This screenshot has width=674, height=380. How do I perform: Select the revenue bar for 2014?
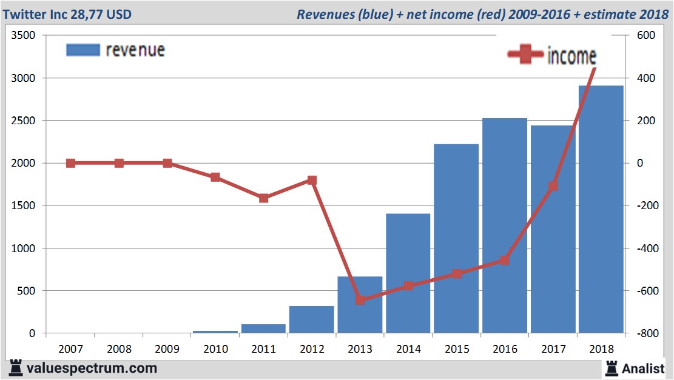point(408,273)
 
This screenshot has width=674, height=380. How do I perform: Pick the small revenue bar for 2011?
point(263,328)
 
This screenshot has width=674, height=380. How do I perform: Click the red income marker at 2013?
point(360,300)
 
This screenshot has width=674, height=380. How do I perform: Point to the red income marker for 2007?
point(70,163)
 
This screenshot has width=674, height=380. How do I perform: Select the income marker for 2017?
point(553,186)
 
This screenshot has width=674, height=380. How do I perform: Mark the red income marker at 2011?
point(263,198)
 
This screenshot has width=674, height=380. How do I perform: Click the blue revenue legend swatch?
point(83,50)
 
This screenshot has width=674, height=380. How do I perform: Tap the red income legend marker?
point(525,55)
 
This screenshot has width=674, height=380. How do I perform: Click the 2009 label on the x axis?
point(167,350)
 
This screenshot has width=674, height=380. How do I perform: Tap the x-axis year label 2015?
point(457,350)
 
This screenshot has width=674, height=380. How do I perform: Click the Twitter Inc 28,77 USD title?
point(67,13)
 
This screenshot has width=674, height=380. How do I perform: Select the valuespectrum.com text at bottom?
point(91,368)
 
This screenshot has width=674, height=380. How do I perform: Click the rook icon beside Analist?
point(610,367)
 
